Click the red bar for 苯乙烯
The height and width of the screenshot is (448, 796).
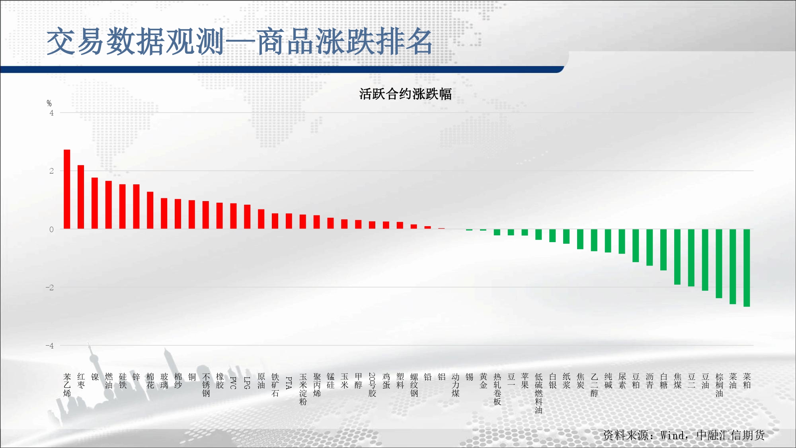tap(67, 189)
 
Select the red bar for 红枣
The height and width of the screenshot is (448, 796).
tap(81, 197)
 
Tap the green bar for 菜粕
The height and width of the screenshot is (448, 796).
tap(747, 268)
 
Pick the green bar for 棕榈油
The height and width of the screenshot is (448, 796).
tap(719, 264)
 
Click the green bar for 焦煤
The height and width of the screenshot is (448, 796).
tap(677, 257)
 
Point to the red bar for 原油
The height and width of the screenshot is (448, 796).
tap(261, 219)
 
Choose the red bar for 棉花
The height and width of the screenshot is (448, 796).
tap(150, 210)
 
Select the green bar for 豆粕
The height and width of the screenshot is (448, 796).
tap(636, 245)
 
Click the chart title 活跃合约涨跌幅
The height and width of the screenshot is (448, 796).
tap(405, 94)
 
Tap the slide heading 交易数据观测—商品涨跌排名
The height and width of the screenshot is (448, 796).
tap(240, 41)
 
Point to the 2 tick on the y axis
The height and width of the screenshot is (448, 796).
tap(51, 171)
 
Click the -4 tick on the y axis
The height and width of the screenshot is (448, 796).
tap(49, 346)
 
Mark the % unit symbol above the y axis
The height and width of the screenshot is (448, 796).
tap(49, 104)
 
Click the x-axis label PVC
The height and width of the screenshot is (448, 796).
tap(234, 383)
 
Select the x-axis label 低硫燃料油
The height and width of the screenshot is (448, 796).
tap(538, 393)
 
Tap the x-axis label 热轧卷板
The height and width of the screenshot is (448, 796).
tap(497, 389)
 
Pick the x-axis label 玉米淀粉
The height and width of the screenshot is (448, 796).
tap(303, 389)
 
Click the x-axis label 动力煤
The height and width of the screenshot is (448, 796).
tap(455, 385)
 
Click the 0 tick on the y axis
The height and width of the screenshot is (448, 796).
tap(51, 229)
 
